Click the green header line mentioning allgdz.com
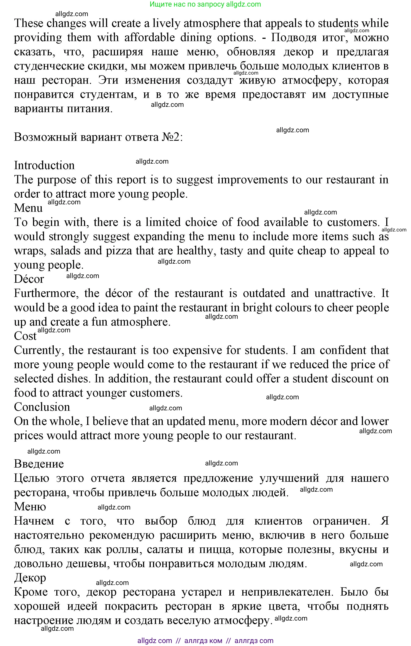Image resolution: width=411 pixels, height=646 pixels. (x=205, y=4)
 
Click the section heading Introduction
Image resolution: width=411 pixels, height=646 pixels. (x=44, y=165)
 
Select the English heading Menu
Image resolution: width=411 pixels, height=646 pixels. (x=28, y=208)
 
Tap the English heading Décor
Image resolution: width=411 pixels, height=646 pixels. (x=29, y=279)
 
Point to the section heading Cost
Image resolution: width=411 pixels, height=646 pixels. (x=25, y=336)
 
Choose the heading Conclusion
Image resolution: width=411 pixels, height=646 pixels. (x=42, y=407)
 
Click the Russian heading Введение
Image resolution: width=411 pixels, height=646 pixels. (x=39, y=464)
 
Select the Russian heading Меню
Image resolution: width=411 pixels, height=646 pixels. (x=30, y=507)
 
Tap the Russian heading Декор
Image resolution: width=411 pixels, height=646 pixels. (x=30, y=578)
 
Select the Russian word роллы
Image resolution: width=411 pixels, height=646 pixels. (x=124, y=549)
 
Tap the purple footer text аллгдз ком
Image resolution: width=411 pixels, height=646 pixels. (x=203, y=641)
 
